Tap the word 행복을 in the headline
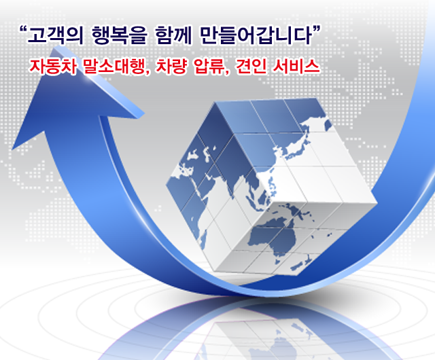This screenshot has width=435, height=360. (x=120, y=35)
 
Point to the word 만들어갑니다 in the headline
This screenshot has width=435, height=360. (x=256, y=35)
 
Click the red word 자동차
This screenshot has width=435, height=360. (x=53, y=67)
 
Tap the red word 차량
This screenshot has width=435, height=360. (x=171, y=67)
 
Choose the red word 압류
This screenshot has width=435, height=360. (x=211, y=67)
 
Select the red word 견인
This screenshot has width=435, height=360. (x=251, y=67)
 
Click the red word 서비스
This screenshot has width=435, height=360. (x=296, y=67)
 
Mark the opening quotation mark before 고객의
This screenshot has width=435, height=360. (x=22, y=29)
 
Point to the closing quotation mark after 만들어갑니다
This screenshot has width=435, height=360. (x=316, y=29)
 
